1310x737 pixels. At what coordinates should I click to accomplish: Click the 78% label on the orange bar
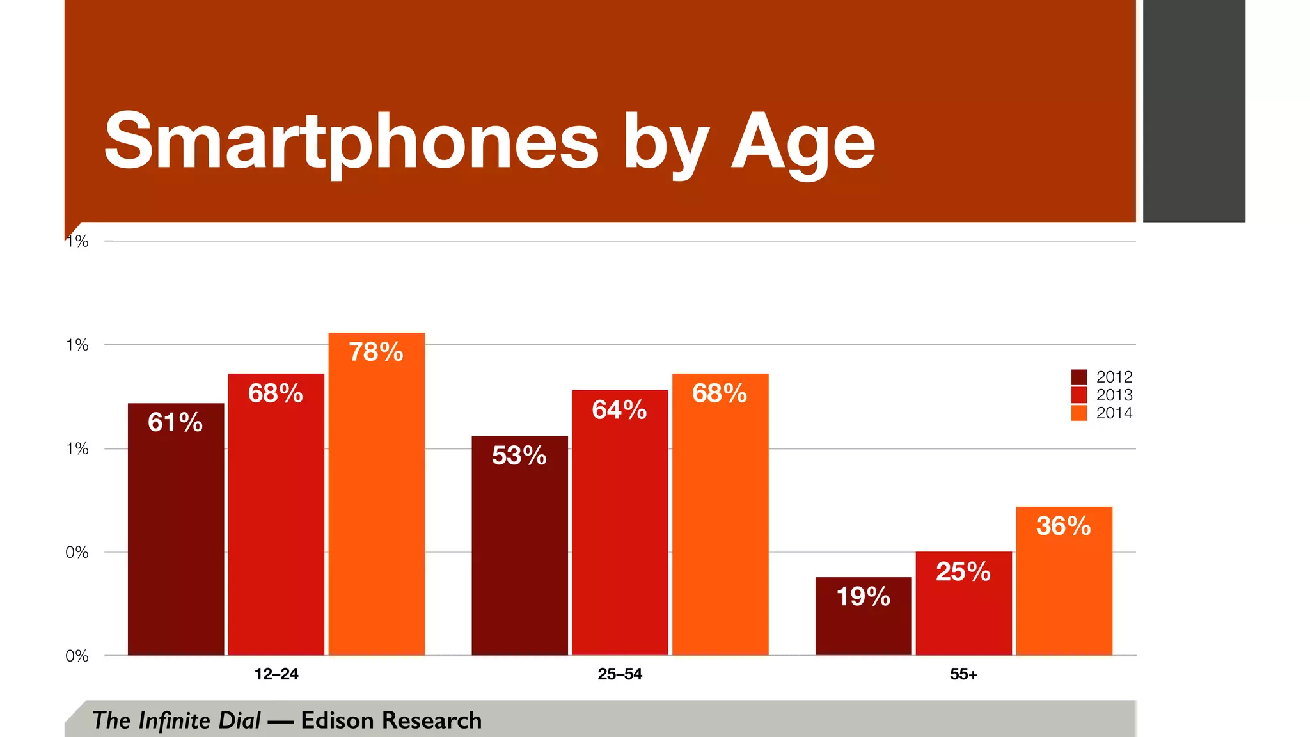tap(376, 352)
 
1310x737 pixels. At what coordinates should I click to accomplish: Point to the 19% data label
tap(863, 596)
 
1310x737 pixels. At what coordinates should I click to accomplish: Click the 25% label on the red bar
tap(963, 571)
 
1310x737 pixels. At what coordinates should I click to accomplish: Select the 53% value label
tap(519, 456)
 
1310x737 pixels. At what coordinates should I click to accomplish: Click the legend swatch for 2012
tap(1078, 377)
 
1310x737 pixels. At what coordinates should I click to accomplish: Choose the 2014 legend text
tap(1114, 413)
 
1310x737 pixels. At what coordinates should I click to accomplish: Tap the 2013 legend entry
tap(1114, 395)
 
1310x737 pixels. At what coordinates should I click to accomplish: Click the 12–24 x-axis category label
tap(276, 674)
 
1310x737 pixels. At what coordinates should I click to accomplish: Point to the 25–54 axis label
tap(619, 674)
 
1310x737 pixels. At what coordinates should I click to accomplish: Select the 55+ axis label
tap(963, 674)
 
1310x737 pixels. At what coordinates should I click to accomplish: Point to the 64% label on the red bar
tap(619, 409)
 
